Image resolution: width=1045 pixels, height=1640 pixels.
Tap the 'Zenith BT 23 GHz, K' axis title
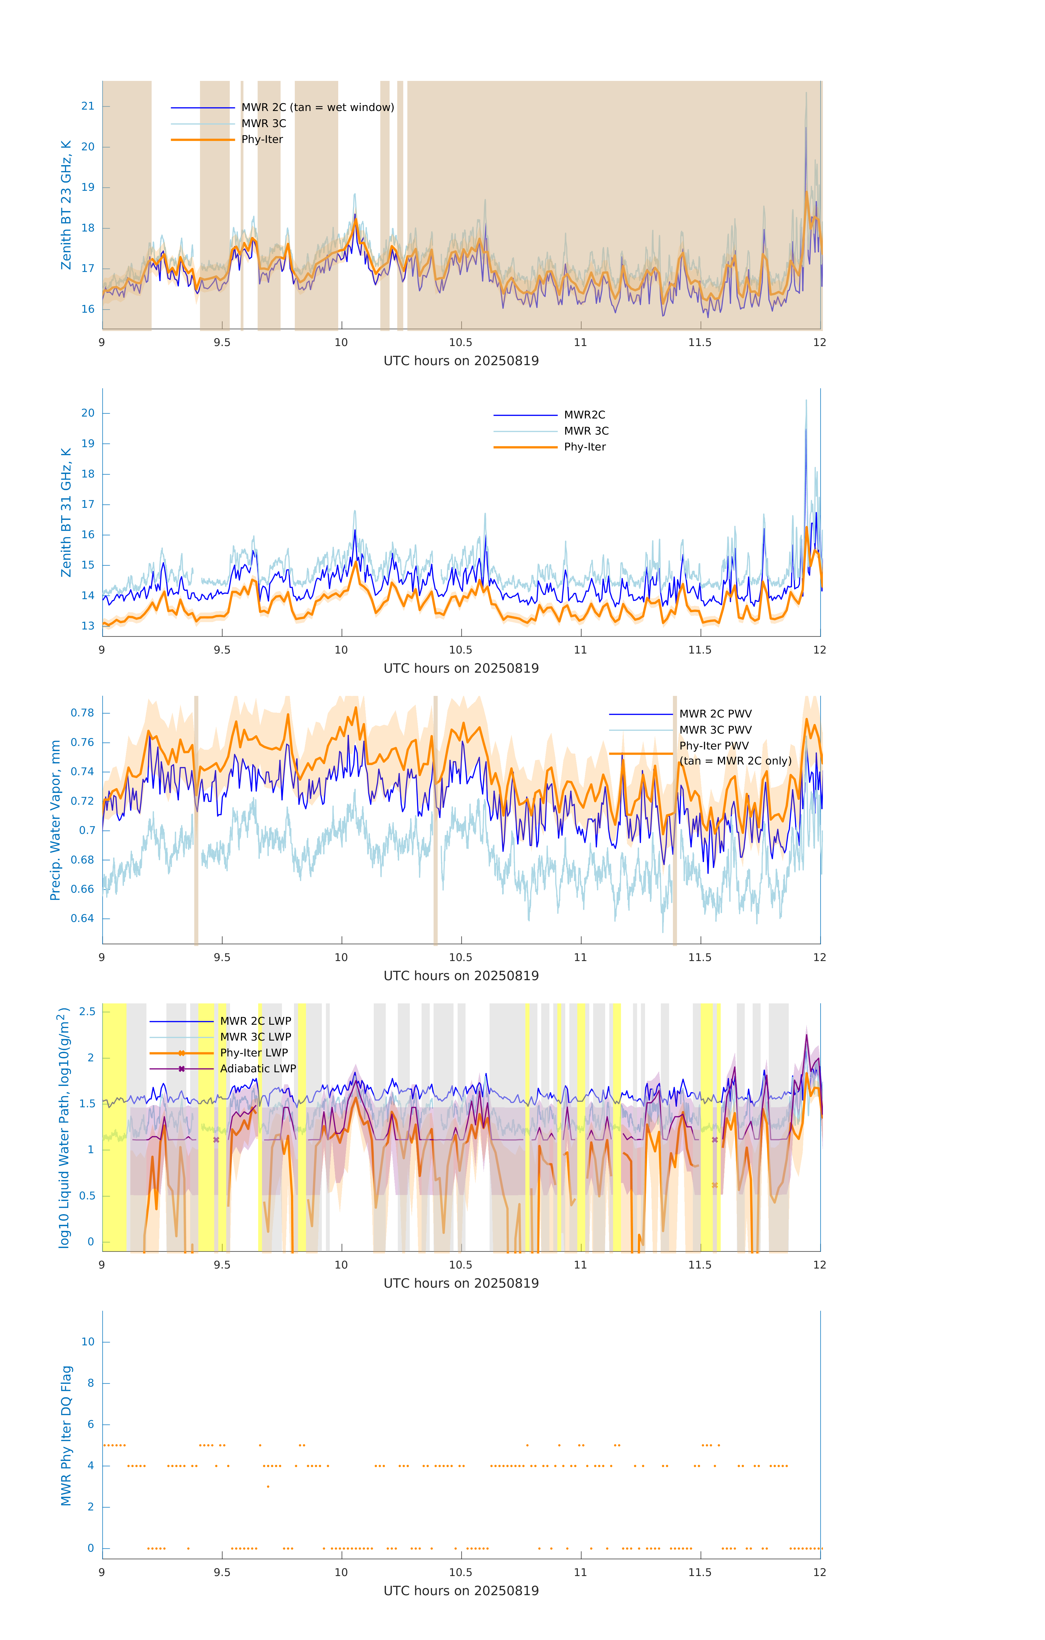click(x=66, y=205)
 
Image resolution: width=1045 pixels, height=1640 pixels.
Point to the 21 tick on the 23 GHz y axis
click(x=88, y=106)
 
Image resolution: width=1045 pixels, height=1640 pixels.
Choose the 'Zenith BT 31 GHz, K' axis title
click(x=66, y=512)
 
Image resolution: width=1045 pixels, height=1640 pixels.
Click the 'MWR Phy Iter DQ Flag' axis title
click(x=66, y=1435)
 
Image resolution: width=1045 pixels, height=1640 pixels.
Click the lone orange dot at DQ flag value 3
click(x=268, y=1486)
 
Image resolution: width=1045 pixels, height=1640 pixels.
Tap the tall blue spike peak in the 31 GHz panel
click(x=806, y=428)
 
